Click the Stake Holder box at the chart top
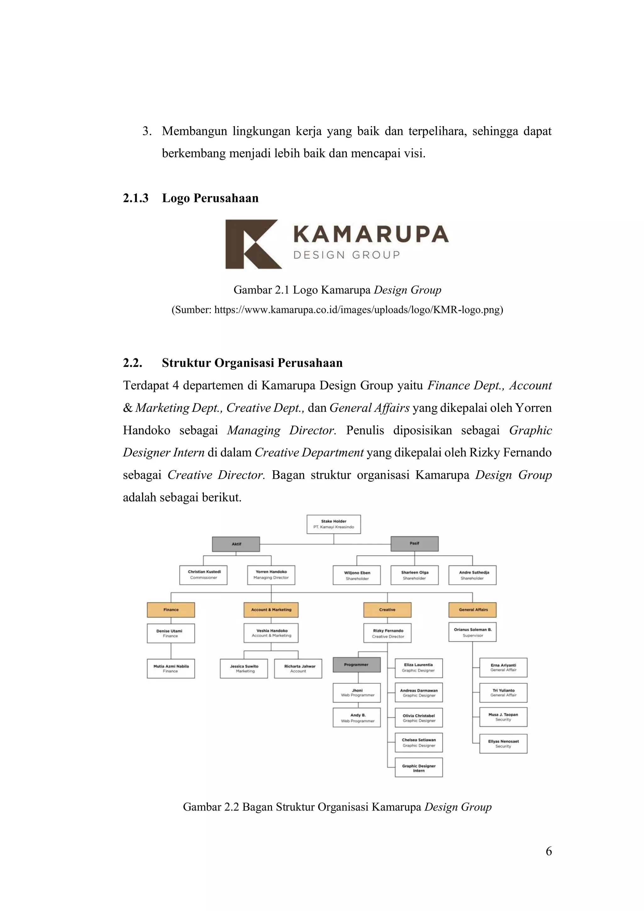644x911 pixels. [333, 524]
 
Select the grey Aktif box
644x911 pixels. [236, 544]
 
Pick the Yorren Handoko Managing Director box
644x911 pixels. [271, 575]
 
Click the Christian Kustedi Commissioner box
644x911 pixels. [203, 575]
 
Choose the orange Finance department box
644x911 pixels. [171, 610]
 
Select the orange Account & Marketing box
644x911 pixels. [271, 610]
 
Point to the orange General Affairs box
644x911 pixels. [472, 610]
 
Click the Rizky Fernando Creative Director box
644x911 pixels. [387, 633]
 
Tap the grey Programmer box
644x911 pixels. [356, 665]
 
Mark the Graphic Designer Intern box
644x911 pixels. [419, 767]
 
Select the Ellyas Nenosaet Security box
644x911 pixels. [503, 743]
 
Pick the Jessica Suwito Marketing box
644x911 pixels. [244, 669]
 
